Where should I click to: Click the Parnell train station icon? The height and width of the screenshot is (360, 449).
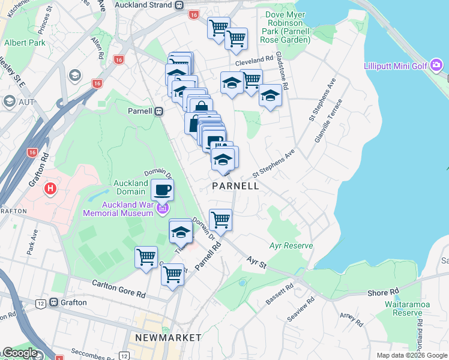(x=159, y=111)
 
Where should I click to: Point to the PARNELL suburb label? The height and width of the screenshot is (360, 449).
(x=236, y=186)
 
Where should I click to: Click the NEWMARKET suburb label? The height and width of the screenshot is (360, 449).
(x=168, y=338)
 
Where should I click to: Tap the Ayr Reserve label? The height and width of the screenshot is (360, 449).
(x=292, y=246)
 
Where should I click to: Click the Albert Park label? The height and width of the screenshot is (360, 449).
(x=25, y=43)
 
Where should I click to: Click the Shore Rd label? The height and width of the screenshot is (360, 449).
(x=384, y=292)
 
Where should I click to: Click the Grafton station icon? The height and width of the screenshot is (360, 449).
(x=54, y=302)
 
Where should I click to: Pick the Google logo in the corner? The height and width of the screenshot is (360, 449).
(x=19, y=353)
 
